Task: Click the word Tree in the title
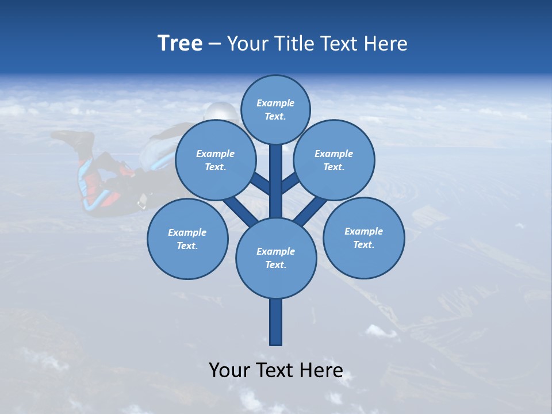pos(180,44)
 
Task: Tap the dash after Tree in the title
pos(215,44)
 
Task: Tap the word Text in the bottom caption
pos(276,370)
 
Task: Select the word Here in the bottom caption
pos(321,370)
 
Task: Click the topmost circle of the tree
pos(275,109)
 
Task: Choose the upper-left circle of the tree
pos(215,160)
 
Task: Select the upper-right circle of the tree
pos(334,160)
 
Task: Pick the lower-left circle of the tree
pos(187,239)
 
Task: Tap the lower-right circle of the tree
pos(363,238)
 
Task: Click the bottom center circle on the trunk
pos(276,258)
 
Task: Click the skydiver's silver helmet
pos(222,112)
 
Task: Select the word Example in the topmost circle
pos(275,103)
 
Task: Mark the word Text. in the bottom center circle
pos(275,265)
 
